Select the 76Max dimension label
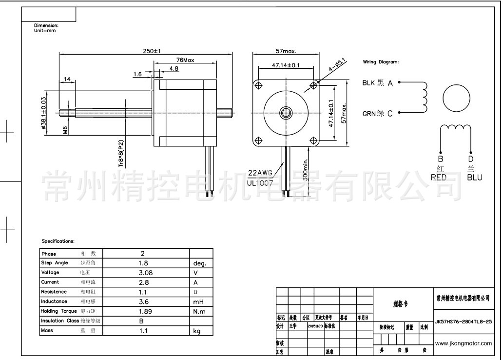click(x=185, y=60)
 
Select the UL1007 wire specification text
click(x=260, y=183)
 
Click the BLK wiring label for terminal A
click(x=369, y=83)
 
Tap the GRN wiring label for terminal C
click(x=369, y=114)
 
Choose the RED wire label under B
click(x=438, y=178)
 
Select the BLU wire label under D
click(x=474, y=178)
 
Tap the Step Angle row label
click(x=54, y=263)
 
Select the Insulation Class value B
click(x=141, y=321)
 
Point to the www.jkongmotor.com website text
click(x=463, y=343)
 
